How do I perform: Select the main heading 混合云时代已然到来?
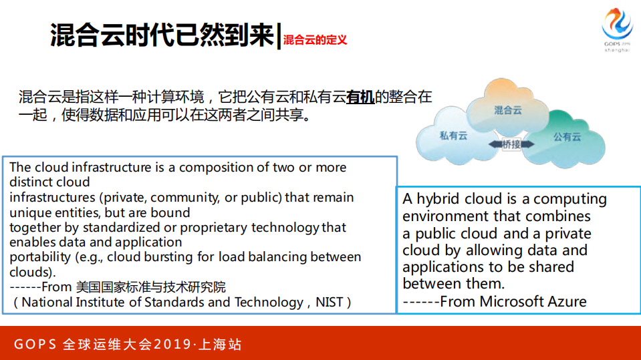(x=162, y=35)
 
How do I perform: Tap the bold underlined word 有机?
(x=360, y=98)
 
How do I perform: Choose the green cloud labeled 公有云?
(x=567, y=137)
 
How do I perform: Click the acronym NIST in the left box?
(x=330, y=303)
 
